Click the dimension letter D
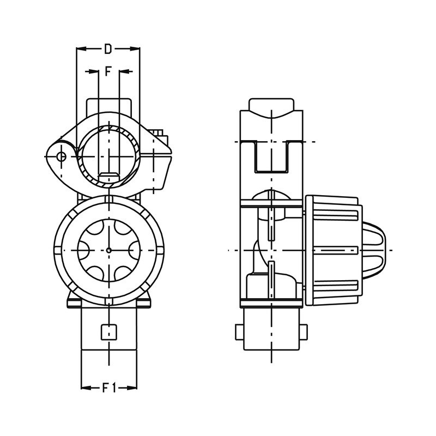(x=108, y=49)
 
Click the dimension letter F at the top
(x=108, y=71)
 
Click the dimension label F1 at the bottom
(x=109, y=388)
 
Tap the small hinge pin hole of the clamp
(x=61, y=157)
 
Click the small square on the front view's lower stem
(x=110, y=331)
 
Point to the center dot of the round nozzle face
(x=109, y=250)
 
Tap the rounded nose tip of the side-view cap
(x=383, y=250)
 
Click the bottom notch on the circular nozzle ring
(x=109, y=300)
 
